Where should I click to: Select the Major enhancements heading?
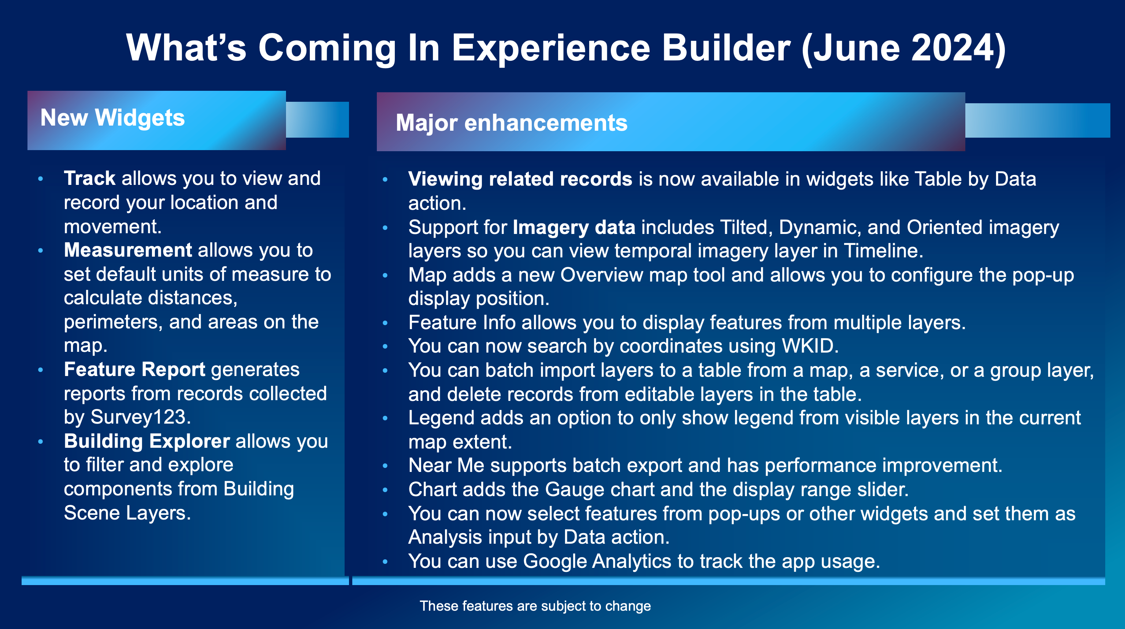click(511, 123)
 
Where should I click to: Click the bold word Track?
click(89, 178)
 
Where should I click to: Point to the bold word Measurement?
click(127, 250)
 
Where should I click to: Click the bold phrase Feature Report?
click(134, 369)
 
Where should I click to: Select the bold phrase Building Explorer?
click(147, 441)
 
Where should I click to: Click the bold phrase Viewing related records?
click(520, 179)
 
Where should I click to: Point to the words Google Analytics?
click(597, 561)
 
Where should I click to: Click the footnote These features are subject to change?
click(535, 606)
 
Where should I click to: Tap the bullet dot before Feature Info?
click(385, 323)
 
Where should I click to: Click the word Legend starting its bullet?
click(441, 418)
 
